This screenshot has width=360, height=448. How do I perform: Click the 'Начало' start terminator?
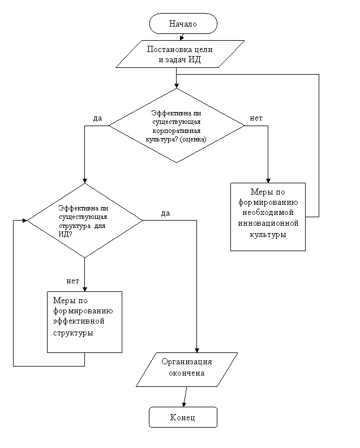point(183,23)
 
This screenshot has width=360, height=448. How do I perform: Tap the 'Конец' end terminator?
point(183,417)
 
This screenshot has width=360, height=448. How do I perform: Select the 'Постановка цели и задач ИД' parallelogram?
point(180,54)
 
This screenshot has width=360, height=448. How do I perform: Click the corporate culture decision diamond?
point(177,126)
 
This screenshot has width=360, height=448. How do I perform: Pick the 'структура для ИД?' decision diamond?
point(85,221)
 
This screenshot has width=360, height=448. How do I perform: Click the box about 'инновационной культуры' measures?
point(268,217)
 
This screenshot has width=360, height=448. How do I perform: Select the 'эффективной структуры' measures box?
point(85,322)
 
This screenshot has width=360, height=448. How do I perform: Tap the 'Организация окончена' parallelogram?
point(187,370)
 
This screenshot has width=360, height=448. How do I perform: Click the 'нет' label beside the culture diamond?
point(256,118)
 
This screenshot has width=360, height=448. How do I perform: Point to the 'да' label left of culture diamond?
point(97,119)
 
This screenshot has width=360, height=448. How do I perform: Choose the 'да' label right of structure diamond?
point(165,213)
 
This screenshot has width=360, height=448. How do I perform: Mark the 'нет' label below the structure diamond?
point(72,281)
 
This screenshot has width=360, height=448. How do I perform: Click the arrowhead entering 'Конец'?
point(184,404)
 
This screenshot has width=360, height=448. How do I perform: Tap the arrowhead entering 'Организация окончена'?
point(197,350)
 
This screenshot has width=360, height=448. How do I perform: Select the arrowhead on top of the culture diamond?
point(177,86)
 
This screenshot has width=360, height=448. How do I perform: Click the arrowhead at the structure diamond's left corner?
point(24,221)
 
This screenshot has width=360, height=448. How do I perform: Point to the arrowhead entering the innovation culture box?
point(268,180)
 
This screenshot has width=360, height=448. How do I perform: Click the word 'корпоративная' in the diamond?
point(177,131)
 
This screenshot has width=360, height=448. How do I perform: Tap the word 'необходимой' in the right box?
point(268,213)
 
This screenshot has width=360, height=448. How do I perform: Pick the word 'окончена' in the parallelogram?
point(186,373)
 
